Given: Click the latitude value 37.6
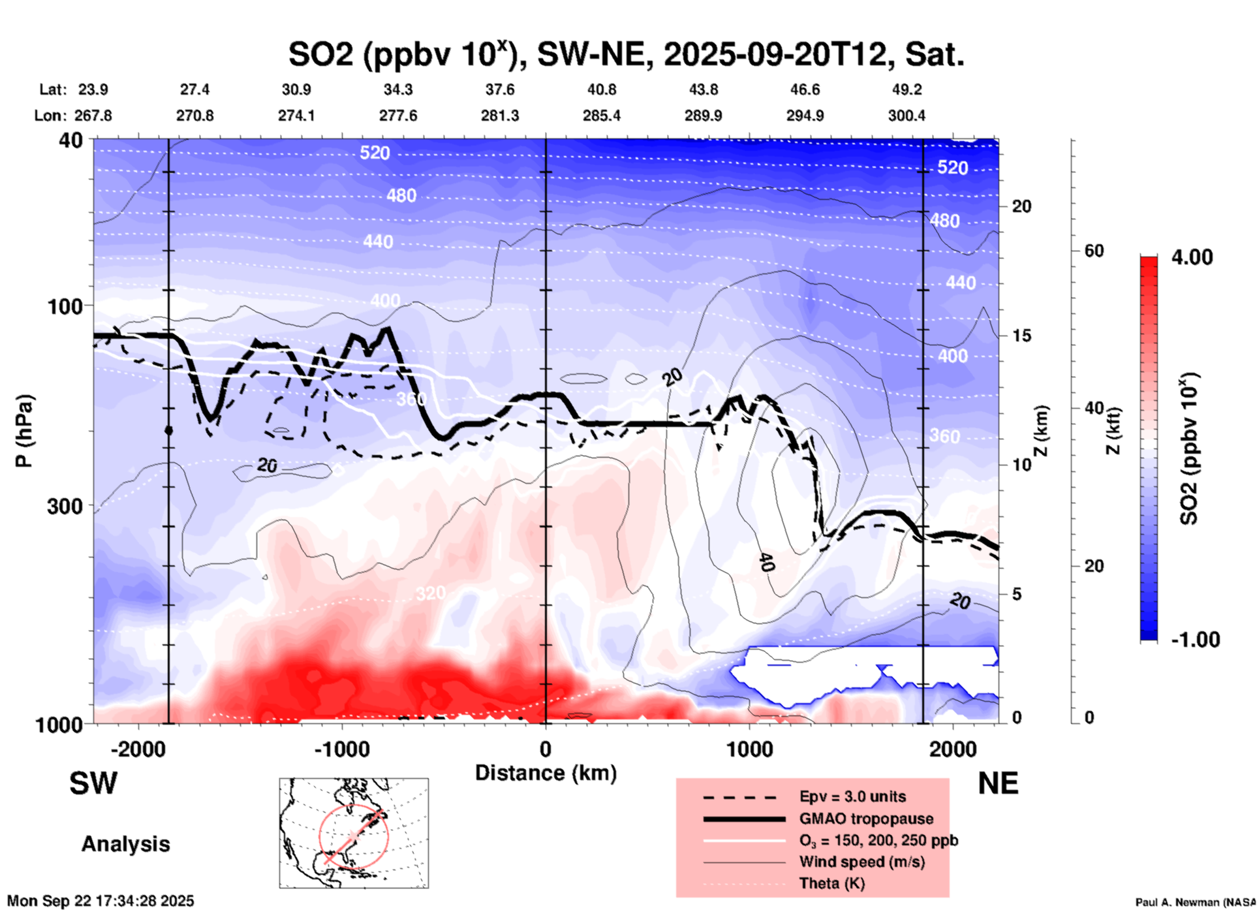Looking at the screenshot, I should click(500, 89).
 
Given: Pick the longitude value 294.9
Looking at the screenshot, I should click(805, 116).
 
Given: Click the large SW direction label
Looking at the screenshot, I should click(93, 783).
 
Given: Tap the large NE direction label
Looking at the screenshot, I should click(998, 783).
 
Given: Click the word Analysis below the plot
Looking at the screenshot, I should click(125, 843).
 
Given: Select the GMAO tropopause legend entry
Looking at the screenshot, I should click(866, 819).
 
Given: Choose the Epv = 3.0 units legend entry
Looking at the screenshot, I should click(852, 796).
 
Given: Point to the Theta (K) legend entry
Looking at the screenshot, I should click(832, 883).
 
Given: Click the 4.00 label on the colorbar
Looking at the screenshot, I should click(1192, 257).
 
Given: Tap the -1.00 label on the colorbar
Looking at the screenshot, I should click(1195, 639).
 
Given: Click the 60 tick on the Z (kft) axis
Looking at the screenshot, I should click(1094, 251).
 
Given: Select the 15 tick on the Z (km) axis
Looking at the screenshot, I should click(1021, 336).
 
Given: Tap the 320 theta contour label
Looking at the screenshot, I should click(431, 593).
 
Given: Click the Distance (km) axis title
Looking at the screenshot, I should click(546, 773).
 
